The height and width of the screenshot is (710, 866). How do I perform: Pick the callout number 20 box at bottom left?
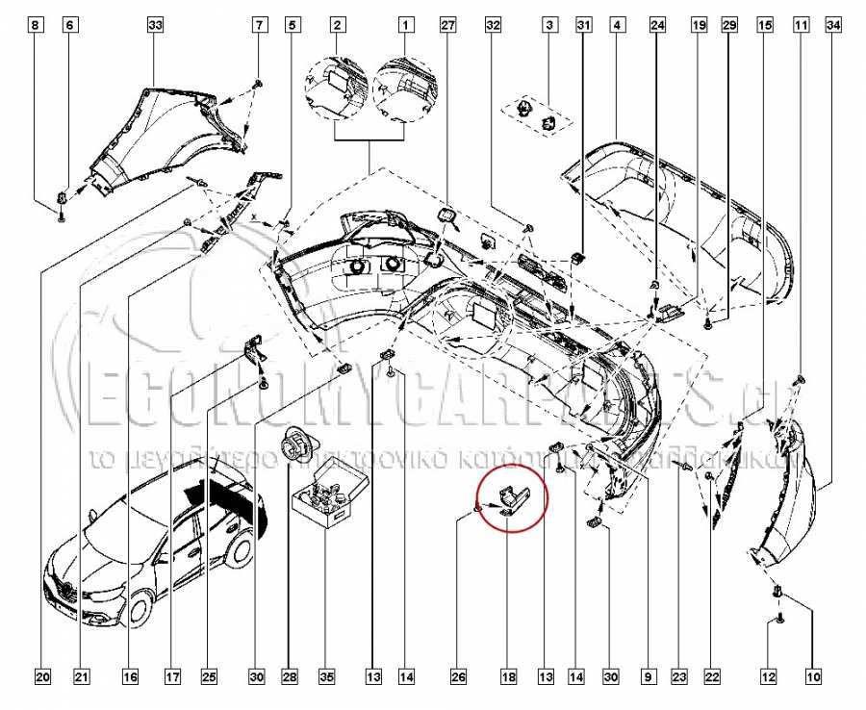[x=42, y=678]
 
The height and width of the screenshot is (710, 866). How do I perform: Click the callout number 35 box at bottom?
[x=326, y=678]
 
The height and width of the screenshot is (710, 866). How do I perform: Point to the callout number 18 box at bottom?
[x=508, y=678]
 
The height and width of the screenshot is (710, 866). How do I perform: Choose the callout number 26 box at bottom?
[x=459, y=678]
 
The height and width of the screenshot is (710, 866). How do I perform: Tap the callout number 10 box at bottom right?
[x=813, y=678]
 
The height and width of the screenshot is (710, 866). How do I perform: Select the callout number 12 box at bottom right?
[x=768, y=678]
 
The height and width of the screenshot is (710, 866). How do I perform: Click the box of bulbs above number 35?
[x=328, y=496]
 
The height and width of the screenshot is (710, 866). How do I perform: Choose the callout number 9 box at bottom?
[x=647, y=678]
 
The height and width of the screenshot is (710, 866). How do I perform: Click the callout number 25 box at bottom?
[x=209, y=678]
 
